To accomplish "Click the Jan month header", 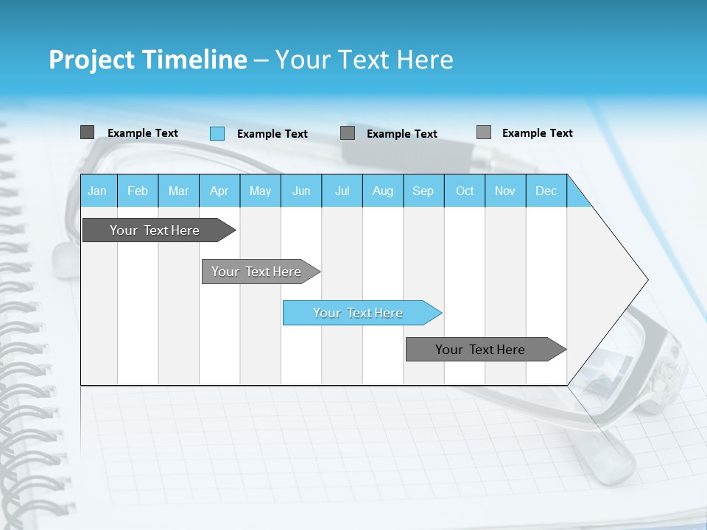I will pyautogui.click(x=97, y=191).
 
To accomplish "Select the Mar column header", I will pyautogui.click(x=178, y=191).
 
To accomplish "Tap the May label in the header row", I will pyautogui.click(x=260, y=191).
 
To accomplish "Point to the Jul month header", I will pyautogui.click(x=342, y=191).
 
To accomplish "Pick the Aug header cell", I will pyautogui.click(x=382, y=191).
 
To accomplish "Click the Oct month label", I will pyautogui.click(x=465, y=191).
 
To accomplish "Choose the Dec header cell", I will pyautogui.click(x=546, y=191).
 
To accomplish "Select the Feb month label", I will pyautogui.click(x=138, y=191).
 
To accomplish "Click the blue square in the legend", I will pyautogui.click(x=217, y=133).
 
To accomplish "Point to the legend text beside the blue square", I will pyautogui.click(x=272, y=134).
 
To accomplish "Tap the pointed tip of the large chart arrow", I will pyautogui.click(x=645, y=280).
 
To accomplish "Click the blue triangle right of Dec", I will pyautogui.click(x=577, y=197).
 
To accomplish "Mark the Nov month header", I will pyautogui.click(x=505, y=191).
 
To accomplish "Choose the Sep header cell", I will pyautogui.click(x=423, y=191).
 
